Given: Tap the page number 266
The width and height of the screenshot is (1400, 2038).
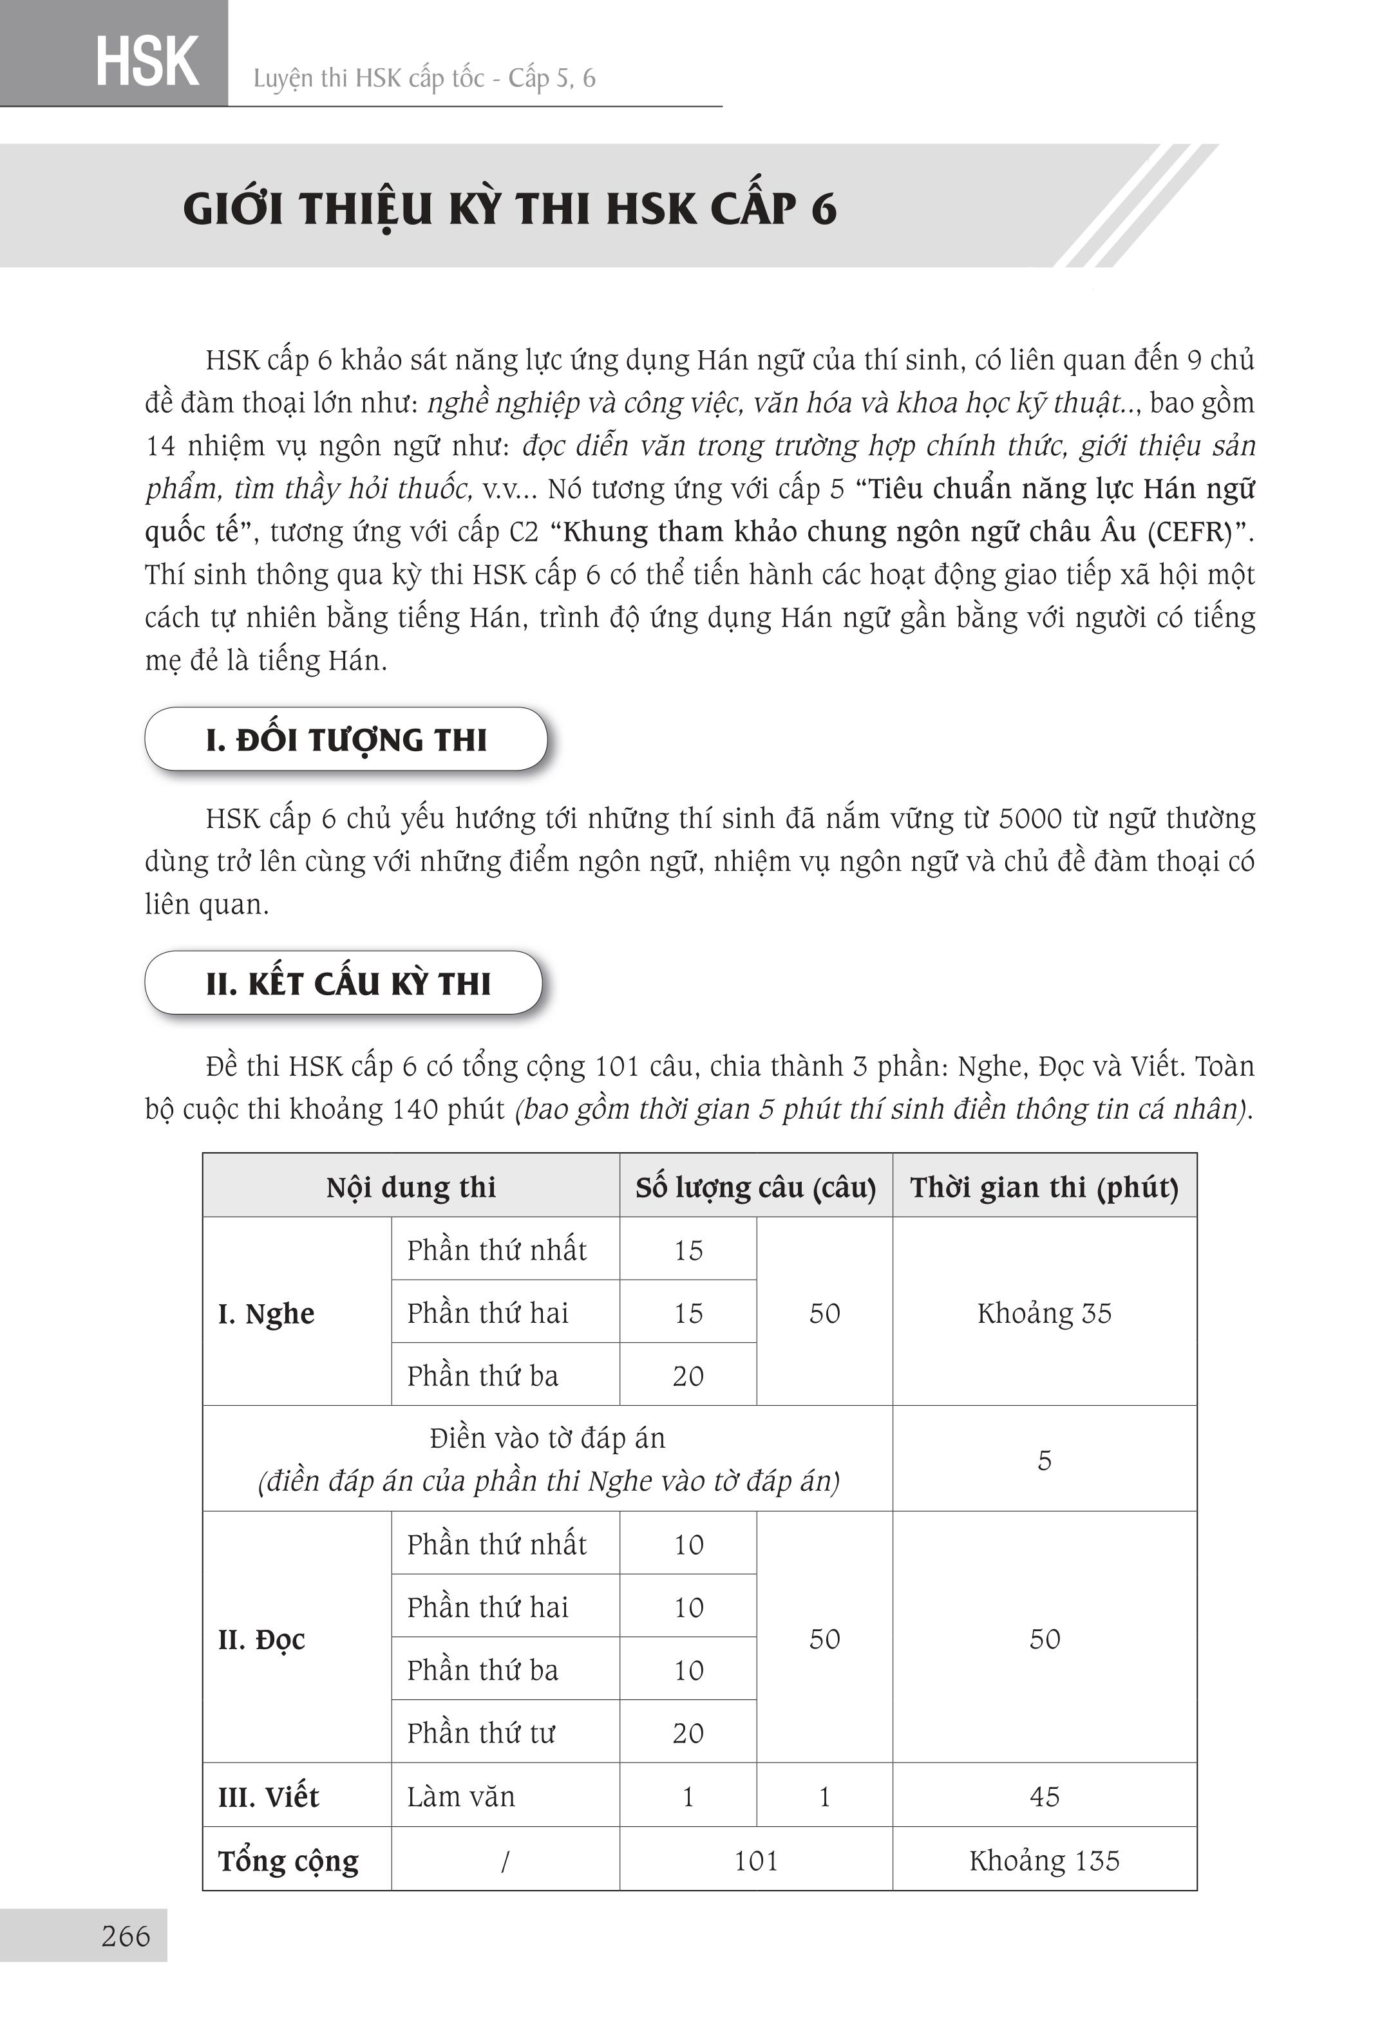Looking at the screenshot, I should pos(126,1936).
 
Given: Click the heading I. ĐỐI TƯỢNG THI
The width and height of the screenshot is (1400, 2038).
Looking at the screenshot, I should pos(346,739).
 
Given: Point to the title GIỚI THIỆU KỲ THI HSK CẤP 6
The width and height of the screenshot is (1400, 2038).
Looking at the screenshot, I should pos(509,209).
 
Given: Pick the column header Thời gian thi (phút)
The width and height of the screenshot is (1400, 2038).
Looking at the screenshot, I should pos(1044,1186).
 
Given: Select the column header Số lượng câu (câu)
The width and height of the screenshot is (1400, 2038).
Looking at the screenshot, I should pos(755,1186).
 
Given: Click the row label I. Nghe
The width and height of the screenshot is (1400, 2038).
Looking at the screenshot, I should pos(266,1313).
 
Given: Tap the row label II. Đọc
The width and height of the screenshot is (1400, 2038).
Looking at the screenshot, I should pos(261,1638).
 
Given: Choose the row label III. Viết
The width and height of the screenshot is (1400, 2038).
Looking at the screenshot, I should pos(269,1796).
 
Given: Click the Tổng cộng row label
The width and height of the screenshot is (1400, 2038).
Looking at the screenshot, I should pos(288,1860).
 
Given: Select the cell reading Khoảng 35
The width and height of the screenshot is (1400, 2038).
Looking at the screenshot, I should pos(1044,1313).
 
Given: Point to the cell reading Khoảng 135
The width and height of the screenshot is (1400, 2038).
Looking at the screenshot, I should pos(1044,1860).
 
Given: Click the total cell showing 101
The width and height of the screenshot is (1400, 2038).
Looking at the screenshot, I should pos(755,1860).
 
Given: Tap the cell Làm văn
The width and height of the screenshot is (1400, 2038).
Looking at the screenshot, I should pos(460,1796).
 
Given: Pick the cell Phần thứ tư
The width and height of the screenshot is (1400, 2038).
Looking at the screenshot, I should pos(480,1732).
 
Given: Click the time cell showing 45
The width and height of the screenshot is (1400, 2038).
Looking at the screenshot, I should pos(1044,1796).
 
